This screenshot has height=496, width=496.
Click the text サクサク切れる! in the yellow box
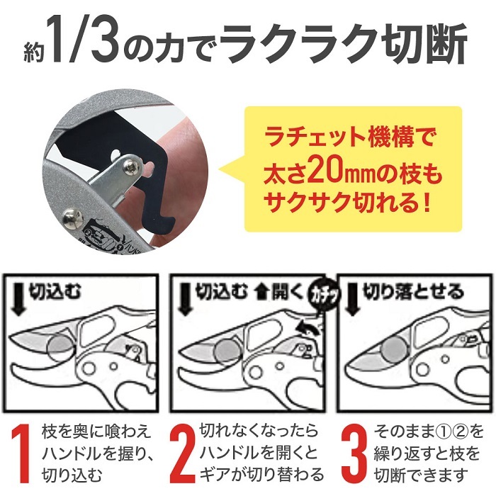tap(352, 208)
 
